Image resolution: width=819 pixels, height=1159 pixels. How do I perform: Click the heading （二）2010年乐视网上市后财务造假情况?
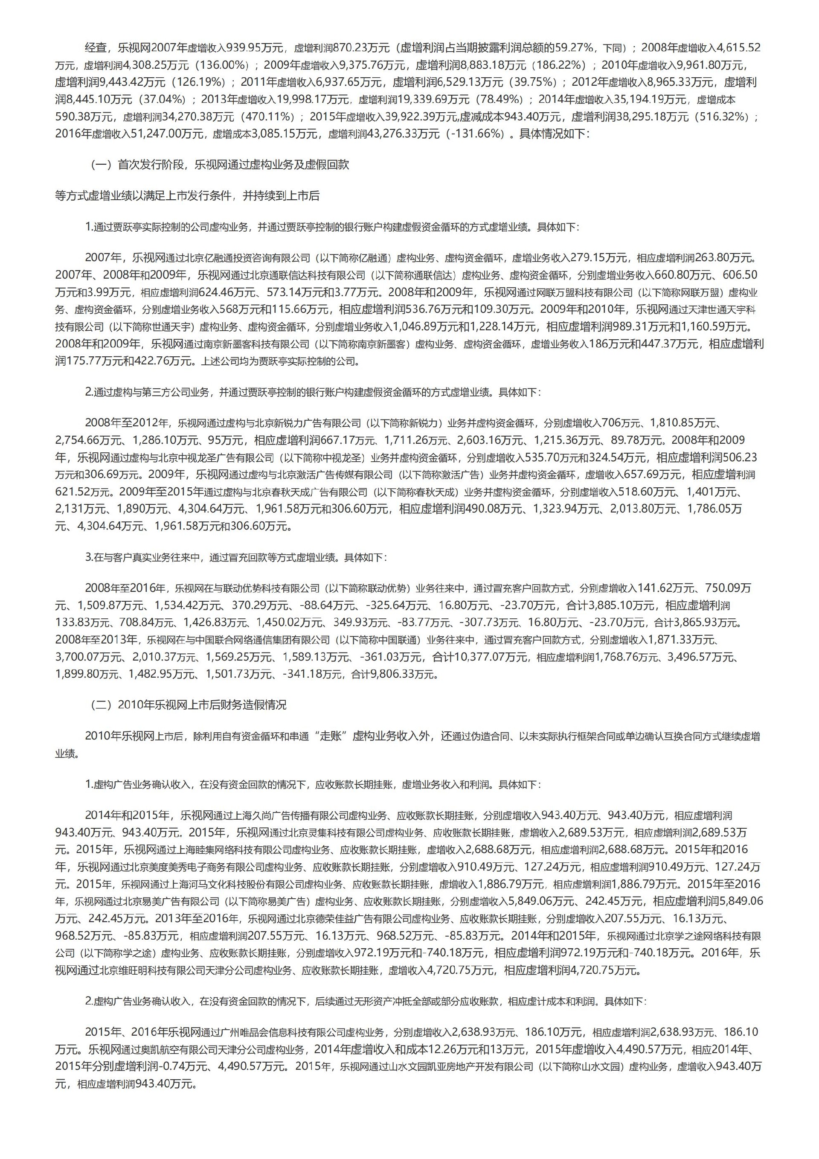[x=188, y=705]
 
